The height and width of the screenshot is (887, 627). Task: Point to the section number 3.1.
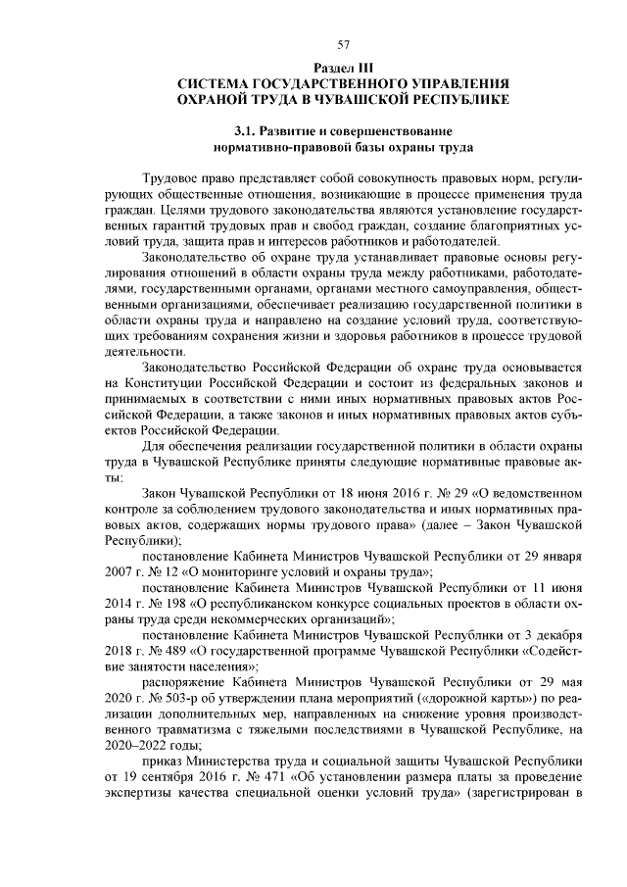(247, 131)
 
